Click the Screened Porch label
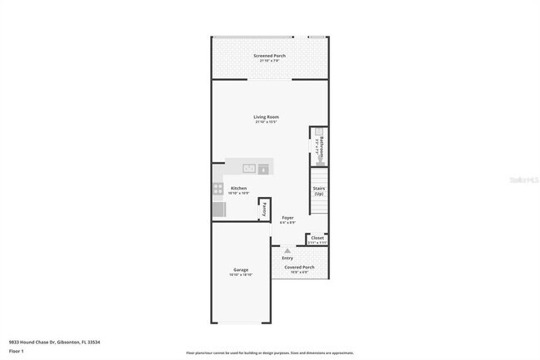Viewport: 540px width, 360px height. [x=269, y=56]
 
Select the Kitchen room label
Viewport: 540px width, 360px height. [x=238, y=189]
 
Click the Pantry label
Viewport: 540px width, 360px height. [x=265, y=210]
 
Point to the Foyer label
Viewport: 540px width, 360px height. [x=287, y=218]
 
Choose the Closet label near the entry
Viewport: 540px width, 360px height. [x=317, y=237]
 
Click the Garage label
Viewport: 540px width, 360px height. [x=241, y=269]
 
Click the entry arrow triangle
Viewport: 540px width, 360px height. [x=287, y=249]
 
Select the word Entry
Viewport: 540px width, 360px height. [x=287, y=258]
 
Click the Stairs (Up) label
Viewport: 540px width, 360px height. [x=318, y=190]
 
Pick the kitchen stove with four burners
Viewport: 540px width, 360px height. [x=218, y=189]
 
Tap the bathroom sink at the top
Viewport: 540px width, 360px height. [x=318, y=131]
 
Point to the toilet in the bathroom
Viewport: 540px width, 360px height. [x=319, y=153]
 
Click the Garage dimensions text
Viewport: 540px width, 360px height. [x=241, y=275]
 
